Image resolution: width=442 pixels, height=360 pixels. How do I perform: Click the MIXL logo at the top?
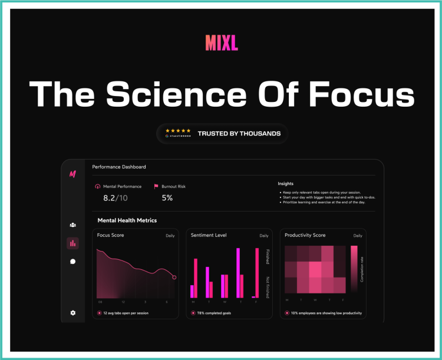[x=222, y=43]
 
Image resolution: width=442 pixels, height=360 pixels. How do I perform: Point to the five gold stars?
[x=178, y=130]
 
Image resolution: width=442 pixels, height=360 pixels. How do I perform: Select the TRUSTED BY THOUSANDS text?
[x=239, y=134]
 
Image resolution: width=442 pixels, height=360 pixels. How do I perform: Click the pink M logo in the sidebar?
[x=72, y=174]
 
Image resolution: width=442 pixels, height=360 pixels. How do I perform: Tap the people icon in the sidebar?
[x=72, y=224]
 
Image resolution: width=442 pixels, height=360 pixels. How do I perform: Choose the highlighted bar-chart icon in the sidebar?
[x=72, y=243]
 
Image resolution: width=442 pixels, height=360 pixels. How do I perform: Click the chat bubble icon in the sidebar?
[x=72, y=261]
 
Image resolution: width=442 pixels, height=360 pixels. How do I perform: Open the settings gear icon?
[x=72, y=313]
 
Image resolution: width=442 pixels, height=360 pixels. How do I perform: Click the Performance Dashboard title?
[x=119, y=167]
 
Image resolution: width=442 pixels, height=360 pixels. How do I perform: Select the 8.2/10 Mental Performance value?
[x=116, y=198]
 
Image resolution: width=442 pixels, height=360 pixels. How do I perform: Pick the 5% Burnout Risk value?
[x=167, y=198]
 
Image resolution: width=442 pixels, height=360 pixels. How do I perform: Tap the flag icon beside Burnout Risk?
[x=156, y=187]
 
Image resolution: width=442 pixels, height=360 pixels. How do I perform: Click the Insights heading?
[x=286, y=183]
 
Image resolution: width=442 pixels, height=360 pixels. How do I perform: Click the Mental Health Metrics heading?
[x=127, y=220]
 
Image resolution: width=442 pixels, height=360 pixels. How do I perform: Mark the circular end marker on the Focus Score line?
[x=174, y=277]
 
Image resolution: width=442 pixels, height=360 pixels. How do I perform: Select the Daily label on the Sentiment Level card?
[x=263, y=236]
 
